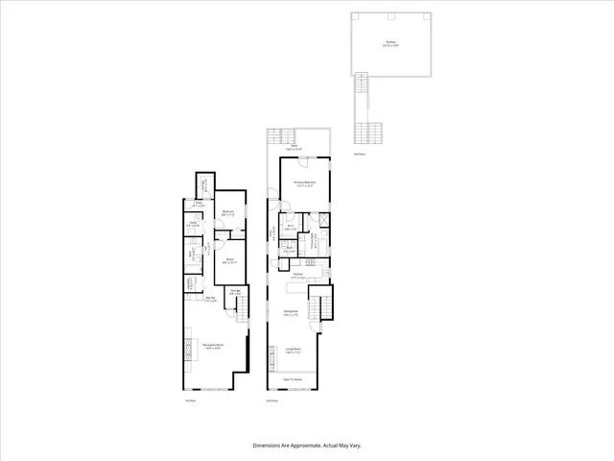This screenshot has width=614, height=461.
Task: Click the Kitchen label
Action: coord(298,277)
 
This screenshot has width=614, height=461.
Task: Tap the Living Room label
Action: coord(294,350)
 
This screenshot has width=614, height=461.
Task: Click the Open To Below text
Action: coord(293,380)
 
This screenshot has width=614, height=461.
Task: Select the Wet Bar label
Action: coord(209,299)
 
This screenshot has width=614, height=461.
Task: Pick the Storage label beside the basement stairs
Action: coord(235,291)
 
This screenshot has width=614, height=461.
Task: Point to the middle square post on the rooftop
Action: coord(390,17)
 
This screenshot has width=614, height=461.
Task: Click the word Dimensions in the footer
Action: coord(267,446)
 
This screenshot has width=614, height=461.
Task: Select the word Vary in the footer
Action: coord(354,446)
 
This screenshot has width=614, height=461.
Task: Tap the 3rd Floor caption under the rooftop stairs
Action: coord(359,154)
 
